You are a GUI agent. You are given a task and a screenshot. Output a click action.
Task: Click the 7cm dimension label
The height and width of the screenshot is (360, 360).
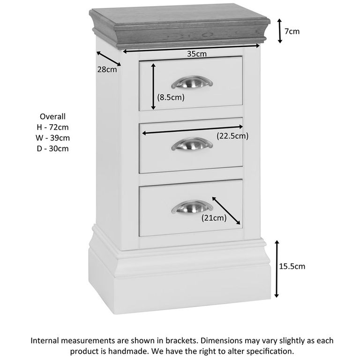point(292,31)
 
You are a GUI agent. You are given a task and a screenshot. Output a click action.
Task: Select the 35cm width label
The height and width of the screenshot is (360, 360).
point(197,54)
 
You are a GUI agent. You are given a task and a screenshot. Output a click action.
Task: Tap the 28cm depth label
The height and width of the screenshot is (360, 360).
point(107,70)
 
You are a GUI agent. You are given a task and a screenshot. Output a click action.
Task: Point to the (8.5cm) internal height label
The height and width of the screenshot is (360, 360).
point(171,97)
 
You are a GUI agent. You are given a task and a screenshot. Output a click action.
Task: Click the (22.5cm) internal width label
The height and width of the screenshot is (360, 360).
point(232,136)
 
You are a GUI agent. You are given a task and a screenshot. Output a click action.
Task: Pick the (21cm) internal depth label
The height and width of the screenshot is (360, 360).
point(214,217)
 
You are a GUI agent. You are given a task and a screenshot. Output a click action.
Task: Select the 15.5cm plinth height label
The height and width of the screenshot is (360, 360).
point(292,266)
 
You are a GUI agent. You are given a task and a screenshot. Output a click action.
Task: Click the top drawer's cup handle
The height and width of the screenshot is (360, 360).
point(191,82)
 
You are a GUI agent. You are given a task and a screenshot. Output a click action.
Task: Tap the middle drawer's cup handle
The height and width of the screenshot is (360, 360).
point(191,143)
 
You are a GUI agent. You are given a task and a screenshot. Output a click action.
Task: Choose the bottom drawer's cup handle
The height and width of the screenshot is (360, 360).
point(191,206)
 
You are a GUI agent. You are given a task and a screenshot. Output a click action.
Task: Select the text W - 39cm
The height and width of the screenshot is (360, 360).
point(52,138)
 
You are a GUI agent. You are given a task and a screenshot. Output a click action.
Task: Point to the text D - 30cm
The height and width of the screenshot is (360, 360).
point(52,149)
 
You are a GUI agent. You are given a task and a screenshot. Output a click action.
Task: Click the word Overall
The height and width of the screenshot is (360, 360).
point(52,116)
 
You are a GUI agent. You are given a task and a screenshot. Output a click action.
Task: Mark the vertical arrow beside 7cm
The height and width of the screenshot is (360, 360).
point(280,31)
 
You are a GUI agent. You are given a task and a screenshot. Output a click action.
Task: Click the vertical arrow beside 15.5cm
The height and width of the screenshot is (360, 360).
point(277,269)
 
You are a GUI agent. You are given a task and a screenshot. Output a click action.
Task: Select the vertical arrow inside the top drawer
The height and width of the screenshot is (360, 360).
point(153,87)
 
